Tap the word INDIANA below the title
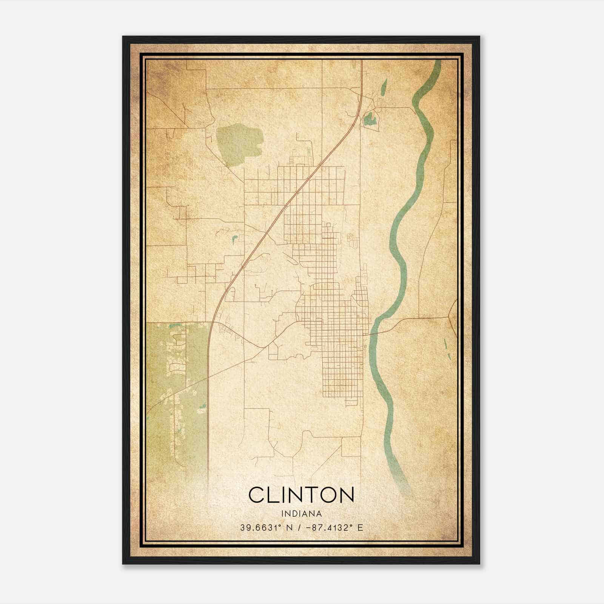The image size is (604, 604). click(301, 514)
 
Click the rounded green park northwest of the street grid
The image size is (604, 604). click(239, 143)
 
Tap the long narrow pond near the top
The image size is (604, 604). click(384, 88)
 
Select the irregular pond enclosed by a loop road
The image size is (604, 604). click(368, 120)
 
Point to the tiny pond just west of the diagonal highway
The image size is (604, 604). click(234, 239)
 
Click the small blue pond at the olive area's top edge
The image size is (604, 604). click(174, 325)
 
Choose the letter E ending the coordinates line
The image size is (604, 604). click(360, 528)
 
